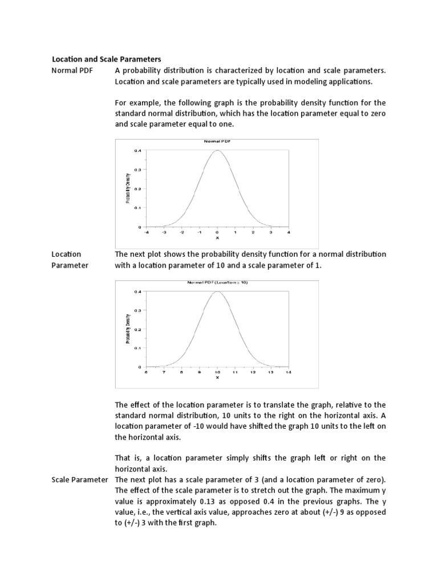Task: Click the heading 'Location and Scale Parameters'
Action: click(107, 59)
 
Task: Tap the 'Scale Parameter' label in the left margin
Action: click(80, 479)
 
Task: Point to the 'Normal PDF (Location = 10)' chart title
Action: click(217, 282)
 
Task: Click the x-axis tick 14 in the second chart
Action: click(289, 372)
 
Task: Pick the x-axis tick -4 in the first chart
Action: click(146, 232)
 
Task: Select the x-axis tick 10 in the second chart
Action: click(217, 372)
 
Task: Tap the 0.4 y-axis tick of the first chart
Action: click(137, 150)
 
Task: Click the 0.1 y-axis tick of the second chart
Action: click(137, 348)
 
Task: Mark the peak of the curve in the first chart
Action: click(217, 151)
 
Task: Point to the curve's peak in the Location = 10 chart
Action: click(217, 291)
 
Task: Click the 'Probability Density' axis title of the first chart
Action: click(128, 188)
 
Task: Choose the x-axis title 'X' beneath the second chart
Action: click(217, 377)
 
